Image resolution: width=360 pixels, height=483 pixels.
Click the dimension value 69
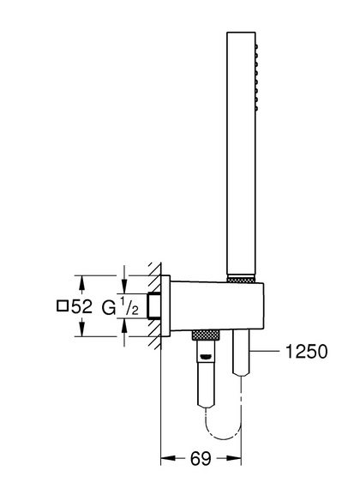click(x=201, y=459)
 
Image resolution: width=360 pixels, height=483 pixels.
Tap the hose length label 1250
click(x=307, y=351)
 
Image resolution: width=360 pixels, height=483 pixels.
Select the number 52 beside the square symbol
click(x=81, y=306)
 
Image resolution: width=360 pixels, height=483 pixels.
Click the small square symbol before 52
click(x=63, y=306)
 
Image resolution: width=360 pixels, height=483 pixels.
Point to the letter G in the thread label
click(x=109, y=308)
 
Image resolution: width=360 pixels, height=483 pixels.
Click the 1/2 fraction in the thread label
click(x=129, y=307)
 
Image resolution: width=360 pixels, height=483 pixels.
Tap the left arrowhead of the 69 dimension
click(x=168, y=458)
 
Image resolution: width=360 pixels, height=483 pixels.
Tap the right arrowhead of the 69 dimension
click(x=234, y=458)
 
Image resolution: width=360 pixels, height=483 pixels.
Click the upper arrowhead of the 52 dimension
click(x=81, y=282)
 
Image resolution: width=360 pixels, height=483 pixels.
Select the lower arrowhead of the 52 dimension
click(x=81, y=329)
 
